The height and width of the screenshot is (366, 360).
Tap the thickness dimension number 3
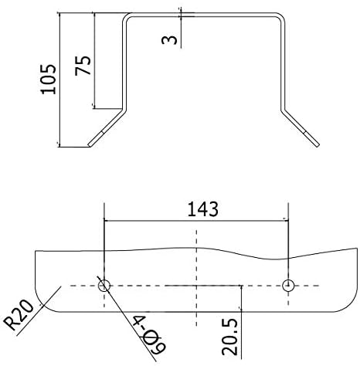pyautogui.click(x=169, y=36)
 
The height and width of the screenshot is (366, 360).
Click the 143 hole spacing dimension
pyautogui.click(x=202, y=208)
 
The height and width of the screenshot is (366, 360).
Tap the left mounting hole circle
pyautogui.click(x=105, y=286)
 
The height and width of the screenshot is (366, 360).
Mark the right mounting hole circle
pyautogui.click(x=288, y=286)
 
